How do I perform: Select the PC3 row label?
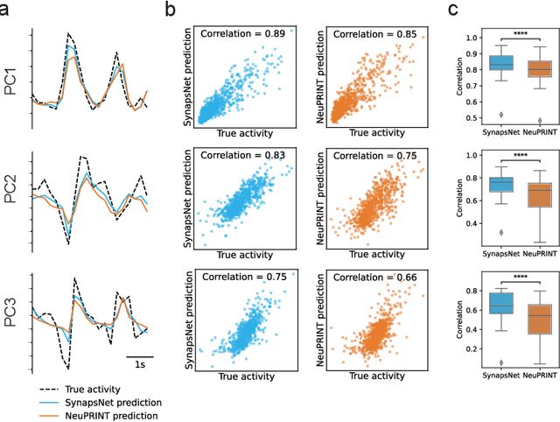(x=11, y=313)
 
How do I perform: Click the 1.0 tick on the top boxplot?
(x=476, y=38)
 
